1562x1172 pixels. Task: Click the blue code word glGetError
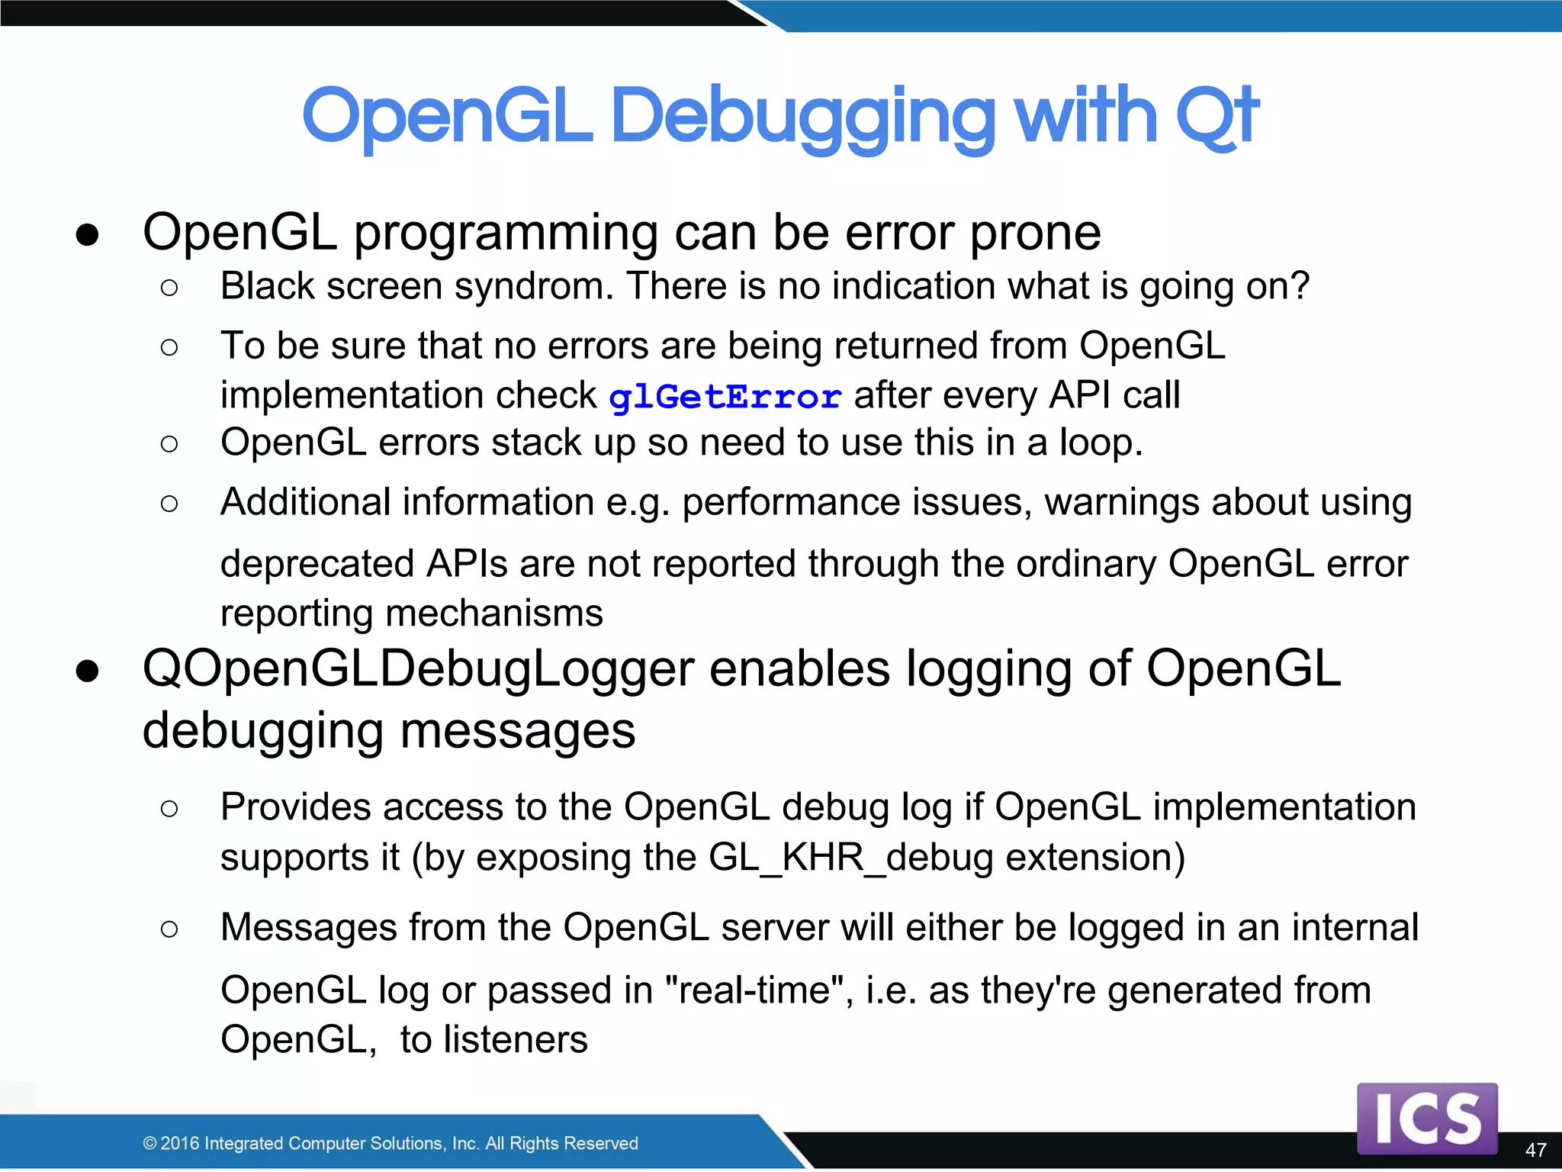tap(725, 397)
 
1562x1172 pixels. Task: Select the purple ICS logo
tap(1427, 1118)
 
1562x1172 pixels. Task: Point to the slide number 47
tap(1535, 1150)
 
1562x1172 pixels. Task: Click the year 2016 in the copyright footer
tap(181, 1143)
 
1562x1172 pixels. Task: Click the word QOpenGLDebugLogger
tap(418, 668)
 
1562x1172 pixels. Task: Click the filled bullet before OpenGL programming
tap(88, 235)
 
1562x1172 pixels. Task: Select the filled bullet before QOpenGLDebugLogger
tap(88, 671)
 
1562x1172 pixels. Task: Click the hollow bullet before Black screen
tap(169, 288)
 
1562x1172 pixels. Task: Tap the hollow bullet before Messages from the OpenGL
tap(169, 929)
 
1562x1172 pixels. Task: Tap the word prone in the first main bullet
tap(1035, 232)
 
